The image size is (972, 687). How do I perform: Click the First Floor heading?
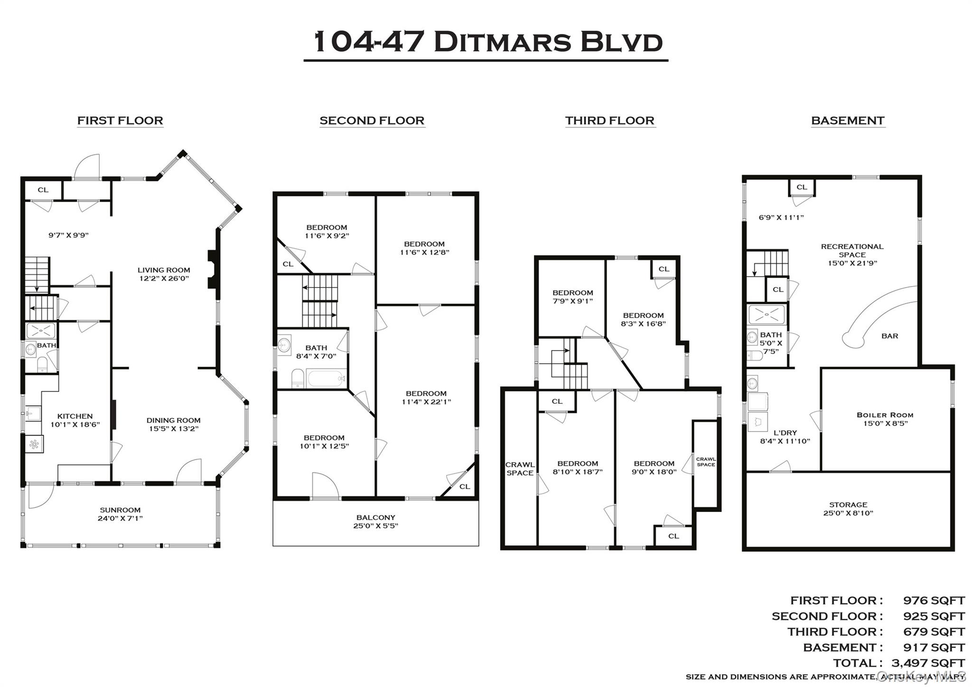[x=120, y=121]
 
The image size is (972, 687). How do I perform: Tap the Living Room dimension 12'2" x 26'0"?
[x=164, y=279]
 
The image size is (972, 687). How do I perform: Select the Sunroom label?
[x=120, y=510]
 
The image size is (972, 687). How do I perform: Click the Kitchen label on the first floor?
[x=75, y=416]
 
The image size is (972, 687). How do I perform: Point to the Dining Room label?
[x=173, y=420]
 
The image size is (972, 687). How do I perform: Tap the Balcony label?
[x=375, y=518]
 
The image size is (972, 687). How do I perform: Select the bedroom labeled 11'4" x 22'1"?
[x=426, y=398]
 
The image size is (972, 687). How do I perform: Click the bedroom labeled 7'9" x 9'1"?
[x=572, y=297]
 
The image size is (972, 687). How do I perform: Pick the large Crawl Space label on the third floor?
[x=520, y=469]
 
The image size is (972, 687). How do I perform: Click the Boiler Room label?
[x=885, y=415]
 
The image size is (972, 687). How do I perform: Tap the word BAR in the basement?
[x=889, y=336]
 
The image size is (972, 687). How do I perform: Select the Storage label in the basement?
[x=848, y=505]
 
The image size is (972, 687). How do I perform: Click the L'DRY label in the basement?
[x=785, y=433]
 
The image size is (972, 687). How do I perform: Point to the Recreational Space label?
[x=852, y=250]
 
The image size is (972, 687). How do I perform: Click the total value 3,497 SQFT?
[x=928, y=663]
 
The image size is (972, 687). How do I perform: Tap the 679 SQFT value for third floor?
[x=934, y=631]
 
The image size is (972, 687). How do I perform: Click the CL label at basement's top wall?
[x=802, y=187]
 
